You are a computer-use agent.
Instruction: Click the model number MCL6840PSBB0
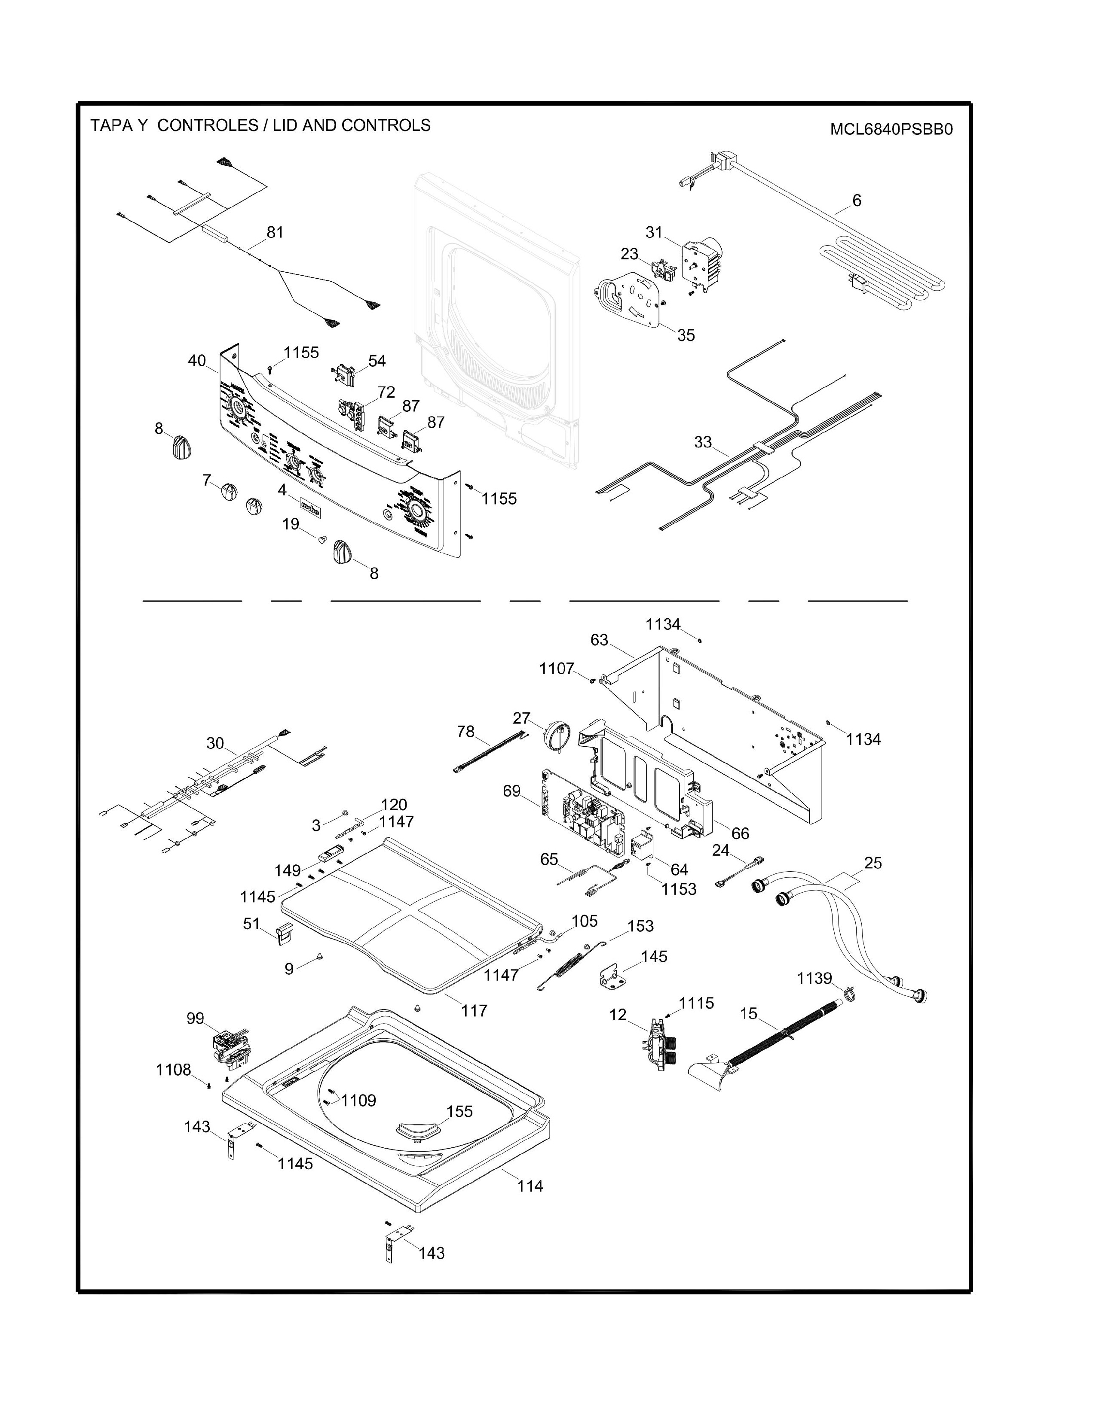click(x=891, y=129)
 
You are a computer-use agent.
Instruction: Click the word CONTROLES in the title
click(x=208, y=125)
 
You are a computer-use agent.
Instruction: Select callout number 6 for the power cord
click(x=857, y=201)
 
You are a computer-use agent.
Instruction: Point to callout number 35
click(x=686, y=335)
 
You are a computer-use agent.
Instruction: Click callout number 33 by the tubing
click(x=703, y=442)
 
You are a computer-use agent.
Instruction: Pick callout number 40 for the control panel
click(x=197, y=361)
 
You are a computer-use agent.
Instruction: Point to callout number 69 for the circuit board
click(x=511, y=791)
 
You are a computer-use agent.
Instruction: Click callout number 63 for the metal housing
click(x=599, y=640)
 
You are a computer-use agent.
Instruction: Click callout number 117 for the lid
click(x=474, y=1010)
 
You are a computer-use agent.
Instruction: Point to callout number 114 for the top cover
click(x=530, y=1186)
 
